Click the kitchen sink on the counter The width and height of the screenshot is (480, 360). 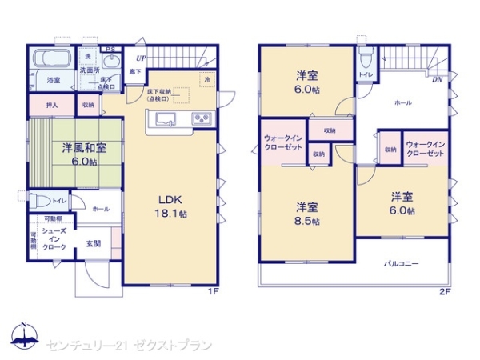coord(166,121)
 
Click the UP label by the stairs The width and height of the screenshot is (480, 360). coord(141,58)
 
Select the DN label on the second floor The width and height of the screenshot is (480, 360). coord(438,80)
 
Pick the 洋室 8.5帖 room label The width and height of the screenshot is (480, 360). coord(305,213)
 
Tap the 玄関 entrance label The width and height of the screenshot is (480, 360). coord(94,243)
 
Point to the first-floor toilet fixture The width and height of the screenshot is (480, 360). coord(36,200)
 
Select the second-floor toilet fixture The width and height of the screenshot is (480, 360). coord(366,59)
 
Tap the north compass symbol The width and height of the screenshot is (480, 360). coord(23,337)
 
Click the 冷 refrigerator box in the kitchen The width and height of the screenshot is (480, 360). coord(206,79)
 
